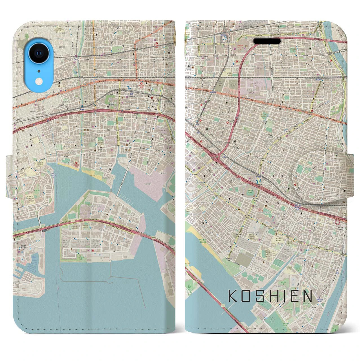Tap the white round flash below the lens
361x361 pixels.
pos(38,81)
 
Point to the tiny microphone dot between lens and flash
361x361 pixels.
pos(38,71)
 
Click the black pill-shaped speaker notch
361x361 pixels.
pos(267,41)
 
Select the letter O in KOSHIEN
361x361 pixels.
pos(246,296)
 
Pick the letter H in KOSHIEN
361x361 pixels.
pos(272,296)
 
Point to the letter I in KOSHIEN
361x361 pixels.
pos(283,296)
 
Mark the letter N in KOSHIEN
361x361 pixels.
pos(307,296)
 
